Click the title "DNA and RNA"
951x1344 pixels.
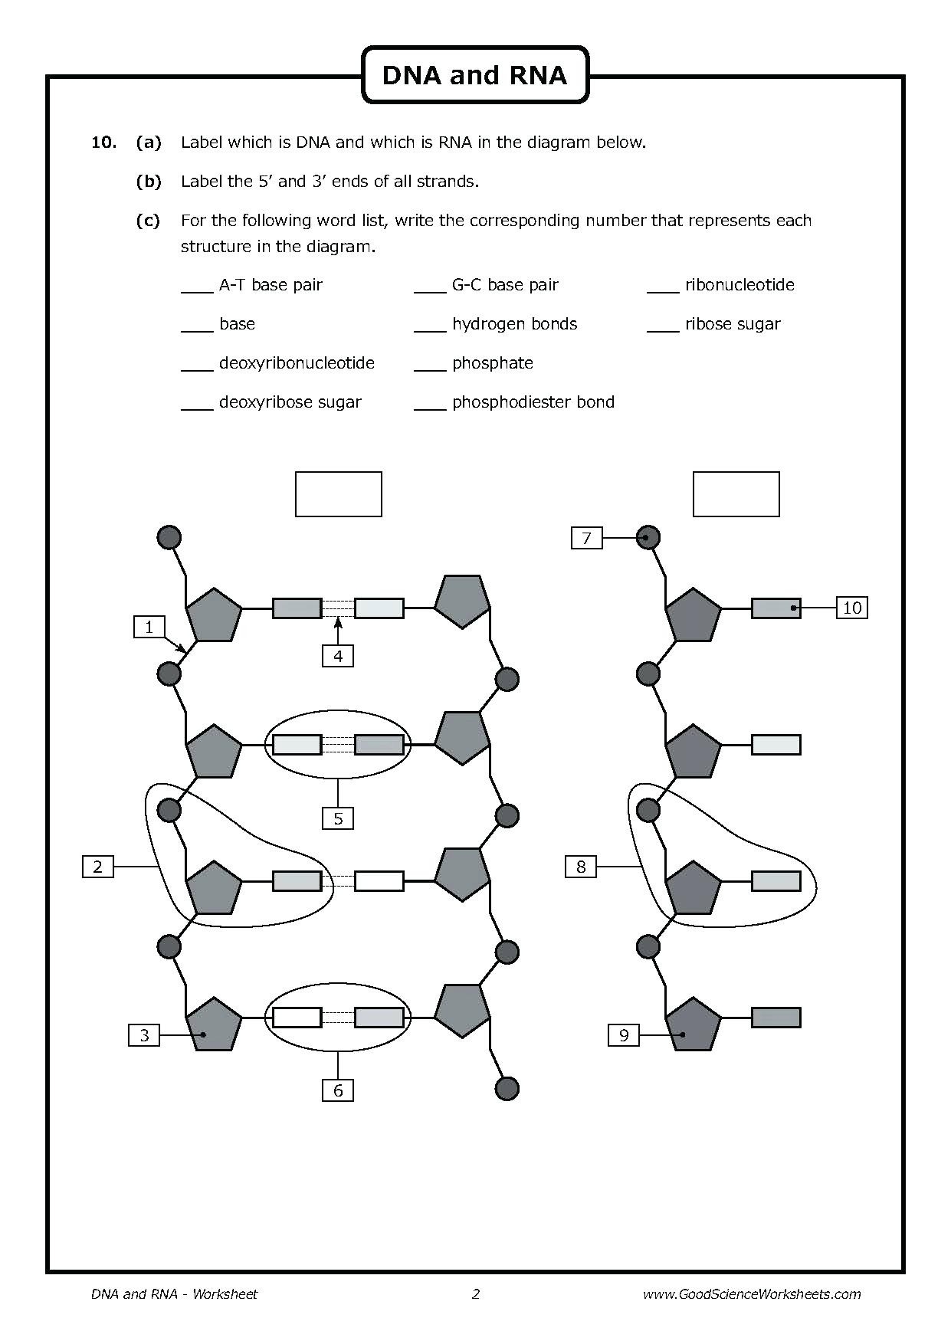(x=474, y=75)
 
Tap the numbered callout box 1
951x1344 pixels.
(x=149, y=627)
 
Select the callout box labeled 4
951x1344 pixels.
(x=338, y=655)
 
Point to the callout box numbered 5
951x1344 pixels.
(x=338, y=818)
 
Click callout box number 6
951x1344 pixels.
(x=338, y=1090)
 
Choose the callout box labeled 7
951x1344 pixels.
(x=586, y=538)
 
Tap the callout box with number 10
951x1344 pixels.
(x=851, y=608)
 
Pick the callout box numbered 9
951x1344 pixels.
(x=624, y=1035)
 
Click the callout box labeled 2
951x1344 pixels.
(x=97, y=867)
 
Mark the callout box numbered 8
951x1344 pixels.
(x=580, y=867)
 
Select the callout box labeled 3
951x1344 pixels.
(x=144, y=1035)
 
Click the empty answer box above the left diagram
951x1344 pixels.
(x=338, y=494)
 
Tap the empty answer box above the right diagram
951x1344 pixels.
(x=736, y=494)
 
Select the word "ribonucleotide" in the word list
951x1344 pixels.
(x=739, y=285)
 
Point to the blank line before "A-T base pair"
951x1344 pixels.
(x=197, y=291)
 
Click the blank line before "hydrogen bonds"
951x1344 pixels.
(x=430, y=330)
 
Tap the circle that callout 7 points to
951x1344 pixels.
(x=648, y=538)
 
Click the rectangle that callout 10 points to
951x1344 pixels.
(x=776, y=608)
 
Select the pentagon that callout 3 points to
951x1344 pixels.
(x=214, y=1024)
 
